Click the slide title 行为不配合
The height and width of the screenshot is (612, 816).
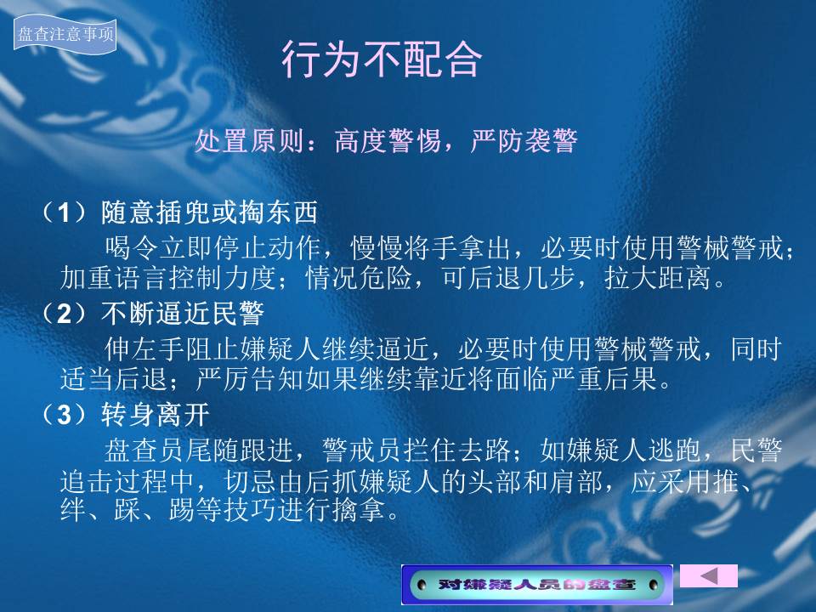tap(382, 59)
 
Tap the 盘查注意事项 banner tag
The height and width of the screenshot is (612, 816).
tap(65, 34)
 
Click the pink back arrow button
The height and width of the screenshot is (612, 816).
tap(709, 575)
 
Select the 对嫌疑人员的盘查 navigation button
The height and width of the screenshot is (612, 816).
tap(537, 585)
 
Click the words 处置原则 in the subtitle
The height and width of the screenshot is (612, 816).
tap(250, 140)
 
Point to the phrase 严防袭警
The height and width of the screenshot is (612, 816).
tap(524, 140)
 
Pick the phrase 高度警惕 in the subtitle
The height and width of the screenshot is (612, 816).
tap(388, 140)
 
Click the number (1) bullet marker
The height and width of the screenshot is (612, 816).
tap(65, 212)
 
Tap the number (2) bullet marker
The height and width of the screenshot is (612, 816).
tap(65, 314)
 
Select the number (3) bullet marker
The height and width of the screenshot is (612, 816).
tap(65, 414)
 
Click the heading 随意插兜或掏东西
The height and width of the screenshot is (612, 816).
tap(209, 212)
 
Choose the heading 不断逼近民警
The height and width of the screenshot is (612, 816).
tap(183, 314)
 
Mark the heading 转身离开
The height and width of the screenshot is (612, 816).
tap(155, 414)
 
